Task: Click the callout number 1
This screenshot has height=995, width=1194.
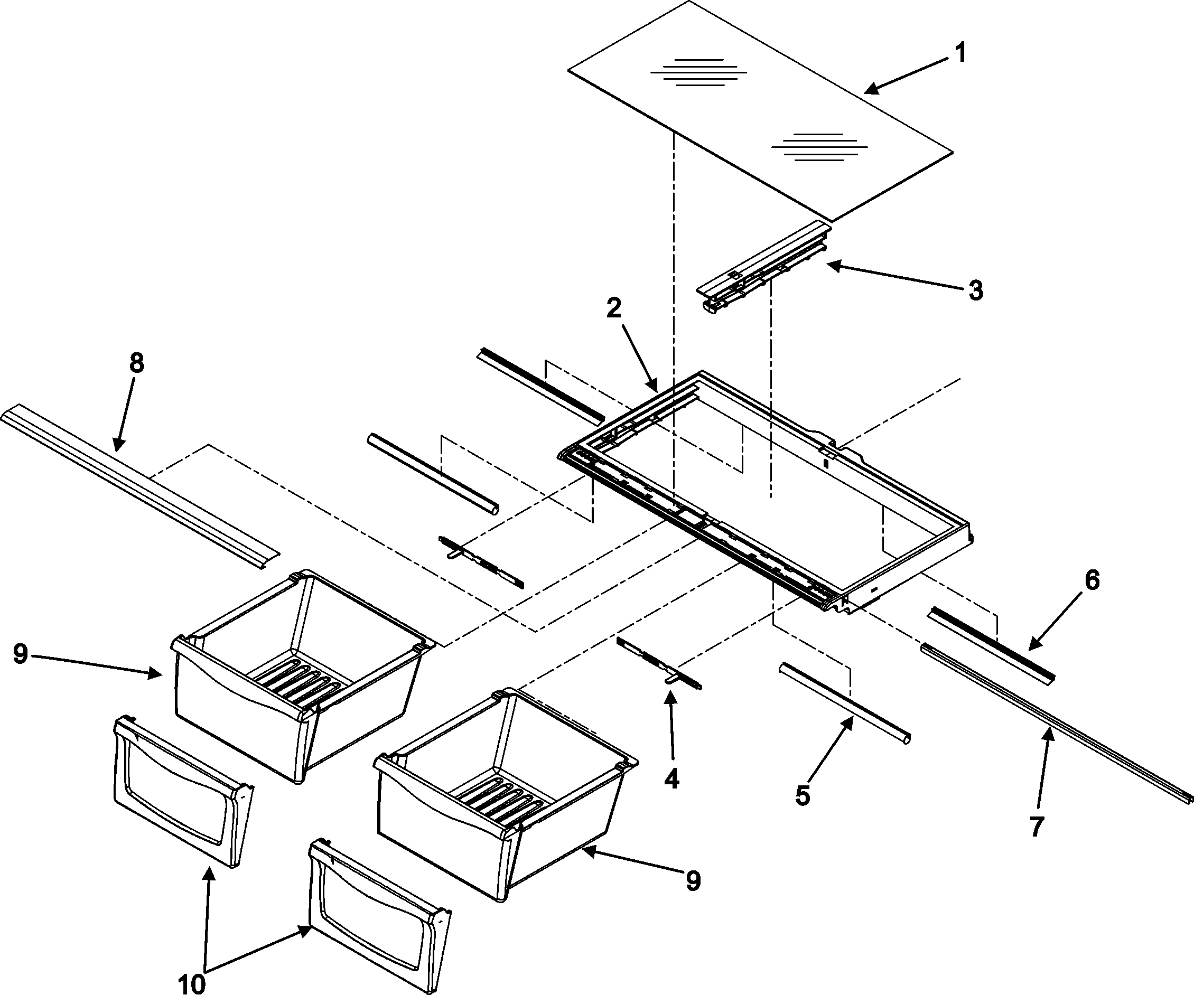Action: point(960,54)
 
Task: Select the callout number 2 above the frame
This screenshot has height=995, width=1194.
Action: point(614,308)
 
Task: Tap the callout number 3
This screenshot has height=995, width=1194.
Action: point(976,290)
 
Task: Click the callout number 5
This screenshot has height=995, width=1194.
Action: point(803,796)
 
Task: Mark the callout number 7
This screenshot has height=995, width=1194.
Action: point(1037,827)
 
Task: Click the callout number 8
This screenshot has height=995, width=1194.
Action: point(136,362)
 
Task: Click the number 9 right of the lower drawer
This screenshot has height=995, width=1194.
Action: point(693,881)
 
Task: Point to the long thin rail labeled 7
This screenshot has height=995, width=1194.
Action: point(1052,721)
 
